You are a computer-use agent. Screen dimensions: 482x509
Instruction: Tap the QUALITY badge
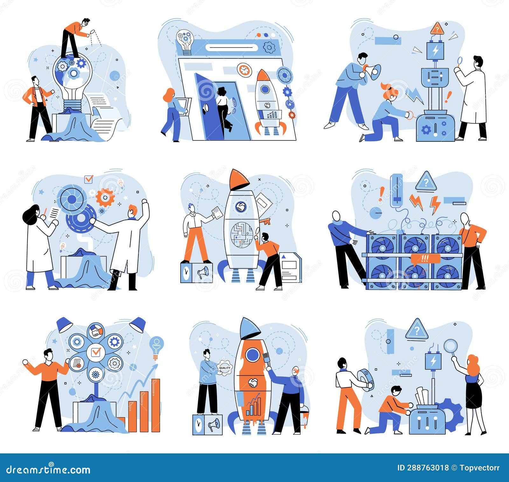point(225,368)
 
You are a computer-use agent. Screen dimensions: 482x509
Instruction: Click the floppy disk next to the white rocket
point(290,267)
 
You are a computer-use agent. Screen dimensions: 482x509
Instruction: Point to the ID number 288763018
point(423,468)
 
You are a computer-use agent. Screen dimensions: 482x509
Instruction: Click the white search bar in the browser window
point(231,48)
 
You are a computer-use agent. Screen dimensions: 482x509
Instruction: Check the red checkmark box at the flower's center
point(96,352)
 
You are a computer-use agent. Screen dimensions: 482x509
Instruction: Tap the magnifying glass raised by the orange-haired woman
point(450,345)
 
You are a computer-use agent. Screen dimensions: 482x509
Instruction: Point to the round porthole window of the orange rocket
point(253,354)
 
